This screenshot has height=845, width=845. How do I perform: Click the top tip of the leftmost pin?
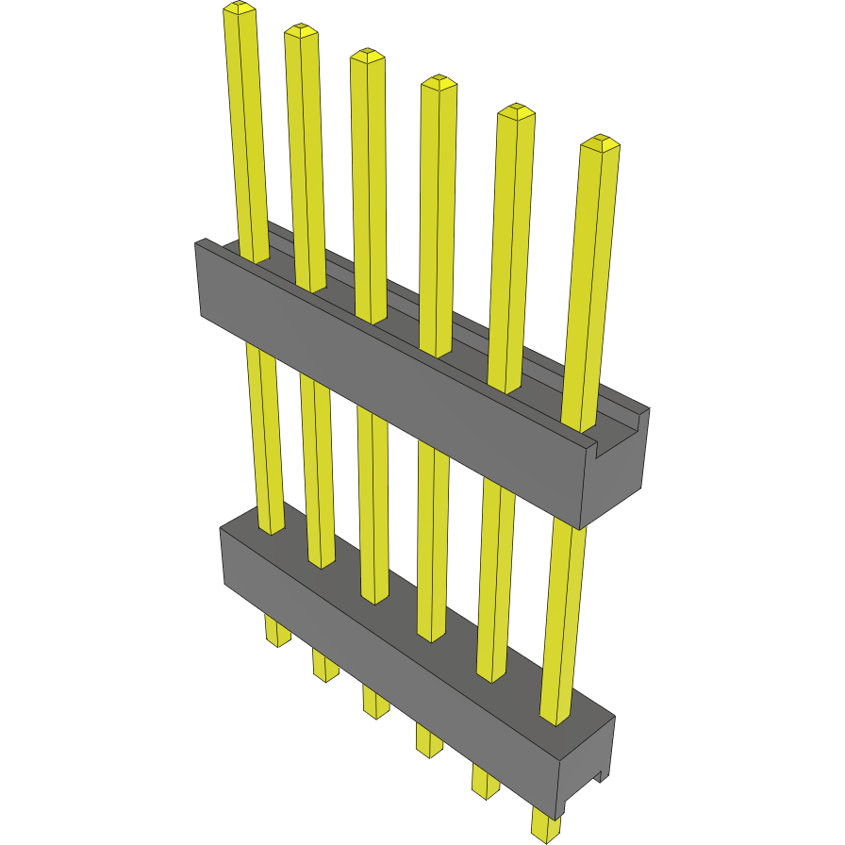240,10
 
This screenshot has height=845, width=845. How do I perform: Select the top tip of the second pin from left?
301,31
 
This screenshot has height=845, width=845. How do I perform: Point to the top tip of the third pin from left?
368,56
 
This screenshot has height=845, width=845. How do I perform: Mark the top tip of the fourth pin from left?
439,83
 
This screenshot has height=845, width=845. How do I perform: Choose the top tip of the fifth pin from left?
516,112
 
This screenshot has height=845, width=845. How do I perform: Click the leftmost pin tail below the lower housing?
277,631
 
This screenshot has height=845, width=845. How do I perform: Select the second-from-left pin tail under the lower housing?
325,665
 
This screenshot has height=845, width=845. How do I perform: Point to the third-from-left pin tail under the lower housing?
375,702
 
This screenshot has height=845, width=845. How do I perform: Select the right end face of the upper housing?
618,472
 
